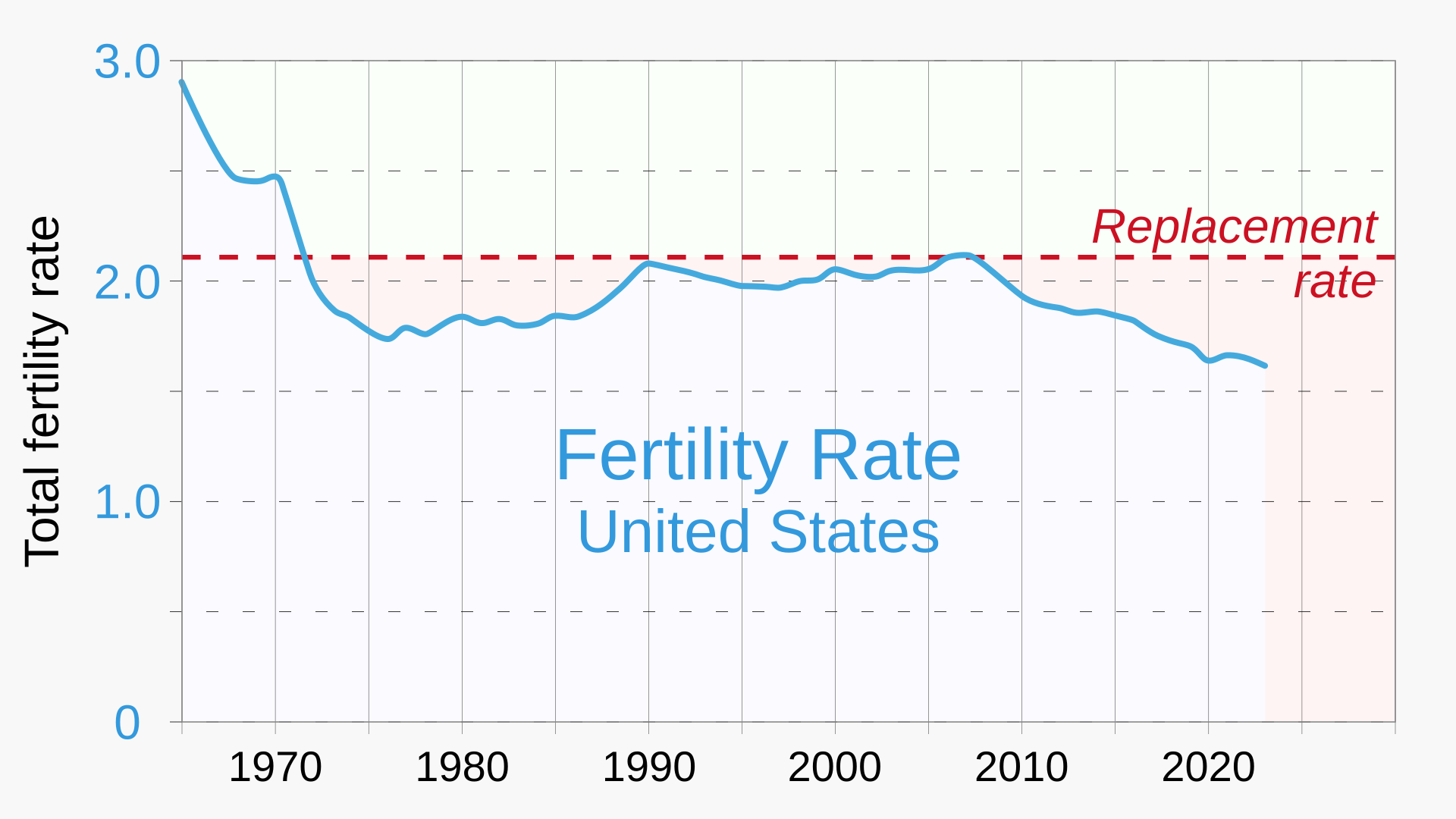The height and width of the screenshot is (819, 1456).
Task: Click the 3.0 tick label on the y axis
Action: [127, 62]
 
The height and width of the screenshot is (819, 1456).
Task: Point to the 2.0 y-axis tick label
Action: [127, 283]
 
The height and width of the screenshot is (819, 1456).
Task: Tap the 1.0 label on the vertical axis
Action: [127, 502]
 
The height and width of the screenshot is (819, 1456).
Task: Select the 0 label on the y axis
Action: [127, 723]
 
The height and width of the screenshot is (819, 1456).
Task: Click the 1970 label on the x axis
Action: [275, 767]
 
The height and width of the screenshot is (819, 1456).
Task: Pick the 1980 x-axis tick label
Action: [462, 767]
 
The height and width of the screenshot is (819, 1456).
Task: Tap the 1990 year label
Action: [648, 767]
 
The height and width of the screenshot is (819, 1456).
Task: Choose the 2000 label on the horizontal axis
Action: [835, 767]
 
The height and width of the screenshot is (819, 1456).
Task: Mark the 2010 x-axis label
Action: [1021, 767]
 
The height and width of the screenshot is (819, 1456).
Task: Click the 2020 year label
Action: [1208, 767]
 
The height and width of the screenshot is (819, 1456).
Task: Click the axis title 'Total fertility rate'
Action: [42, 391]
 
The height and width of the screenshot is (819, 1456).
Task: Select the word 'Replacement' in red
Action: [1234, 227]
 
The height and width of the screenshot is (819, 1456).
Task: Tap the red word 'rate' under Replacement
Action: [1335, 282]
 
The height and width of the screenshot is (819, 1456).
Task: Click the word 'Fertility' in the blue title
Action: [672, 457]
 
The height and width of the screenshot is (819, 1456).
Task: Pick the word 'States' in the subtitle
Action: [855, 532]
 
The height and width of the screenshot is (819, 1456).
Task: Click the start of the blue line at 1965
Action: [182, 82]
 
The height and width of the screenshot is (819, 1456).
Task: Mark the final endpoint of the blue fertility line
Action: [1265, 366]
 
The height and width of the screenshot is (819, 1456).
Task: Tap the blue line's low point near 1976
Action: [388, 338]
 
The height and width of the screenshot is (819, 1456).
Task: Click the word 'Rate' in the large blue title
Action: [886, 457]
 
